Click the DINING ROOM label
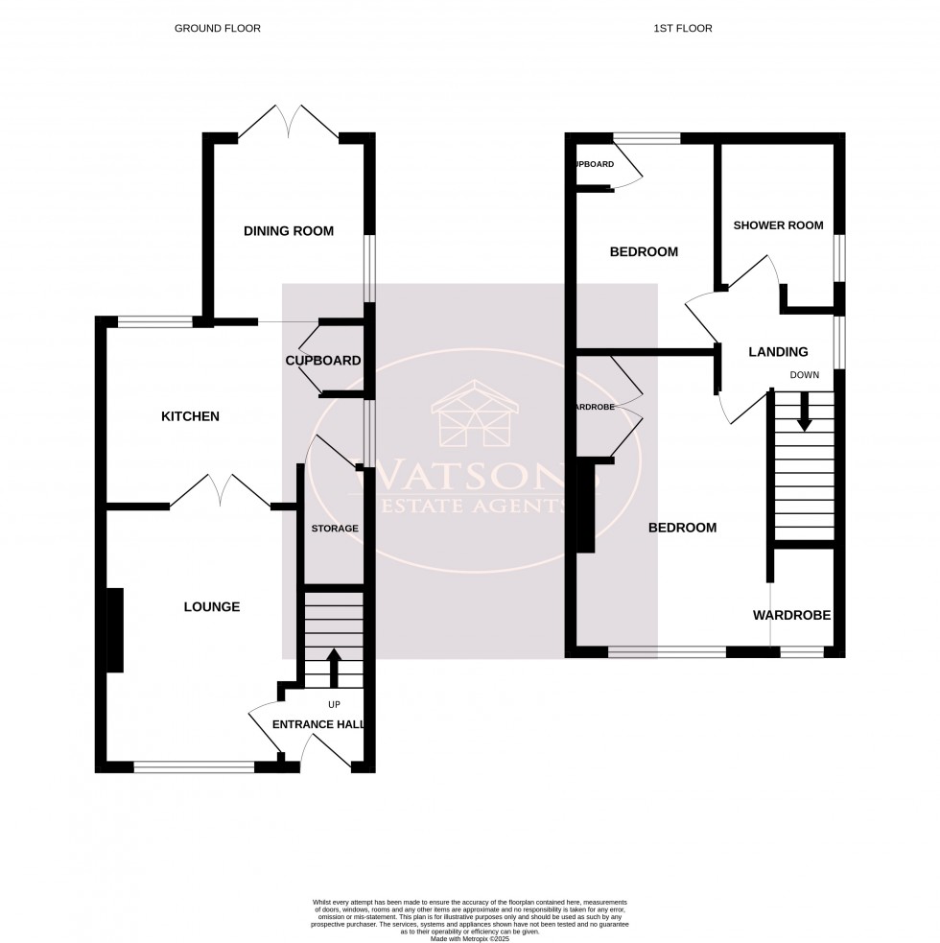pos(288,231)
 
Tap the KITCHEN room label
pos(190,416)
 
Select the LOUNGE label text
pos(211,606)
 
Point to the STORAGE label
pos(335,529)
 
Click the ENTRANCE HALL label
pos(318,724)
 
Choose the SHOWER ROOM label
pos(778,225)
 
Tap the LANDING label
pos(778,352)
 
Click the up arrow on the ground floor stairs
pos(334,669)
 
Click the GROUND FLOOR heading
pos(217,29)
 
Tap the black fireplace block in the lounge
pos(113,630)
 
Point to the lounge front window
pos(194,766)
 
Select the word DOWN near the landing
pos(804,375)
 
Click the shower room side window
pos(839,258)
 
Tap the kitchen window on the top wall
pos(154,322)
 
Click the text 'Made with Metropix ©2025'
pos(470,937)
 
